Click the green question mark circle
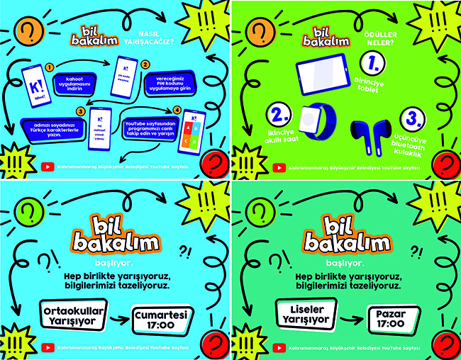point(28,211)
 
